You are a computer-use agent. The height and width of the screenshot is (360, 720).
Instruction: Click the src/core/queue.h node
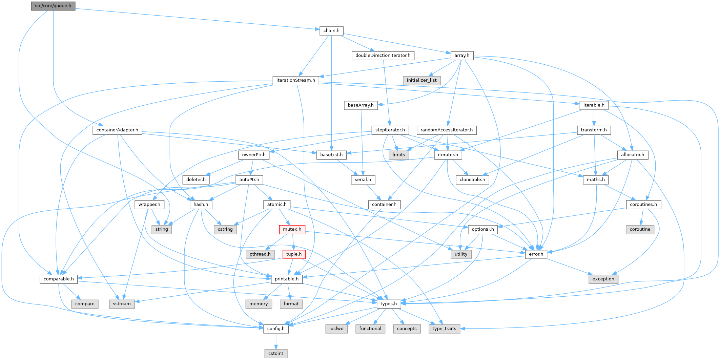53,6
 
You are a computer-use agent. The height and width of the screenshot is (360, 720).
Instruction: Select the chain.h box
331,30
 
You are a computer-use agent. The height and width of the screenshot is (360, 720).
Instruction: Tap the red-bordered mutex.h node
292,229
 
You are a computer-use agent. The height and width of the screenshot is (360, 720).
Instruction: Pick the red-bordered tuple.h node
294,254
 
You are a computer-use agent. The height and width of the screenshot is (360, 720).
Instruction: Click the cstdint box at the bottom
276,353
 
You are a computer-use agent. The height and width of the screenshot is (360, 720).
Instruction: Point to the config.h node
276,329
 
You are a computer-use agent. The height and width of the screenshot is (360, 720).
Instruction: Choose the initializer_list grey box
422,80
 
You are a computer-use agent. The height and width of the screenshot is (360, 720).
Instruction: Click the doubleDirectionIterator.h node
383,55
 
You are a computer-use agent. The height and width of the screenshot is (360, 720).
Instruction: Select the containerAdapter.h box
117,130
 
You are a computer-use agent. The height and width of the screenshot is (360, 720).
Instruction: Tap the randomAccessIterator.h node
447,130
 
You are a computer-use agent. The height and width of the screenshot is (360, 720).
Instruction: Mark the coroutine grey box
640,229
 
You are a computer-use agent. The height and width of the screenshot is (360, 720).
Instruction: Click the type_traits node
444,329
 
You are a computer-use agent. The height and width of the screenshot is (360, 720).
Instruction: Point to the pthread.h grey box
260,254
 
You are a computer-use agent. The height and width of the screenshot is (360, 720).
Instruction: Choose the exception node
603,279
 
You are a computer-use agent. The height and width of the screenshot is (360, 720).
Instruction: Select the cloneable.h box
472,179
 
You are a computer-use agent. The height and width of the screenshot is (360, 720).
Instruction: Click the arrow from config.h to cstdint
276,341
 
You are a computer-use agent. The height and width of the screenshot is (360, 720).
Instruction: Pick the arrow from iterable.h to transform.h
594,118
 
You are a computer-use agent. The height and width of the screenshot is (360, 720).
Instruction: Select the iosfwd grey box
336,329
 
